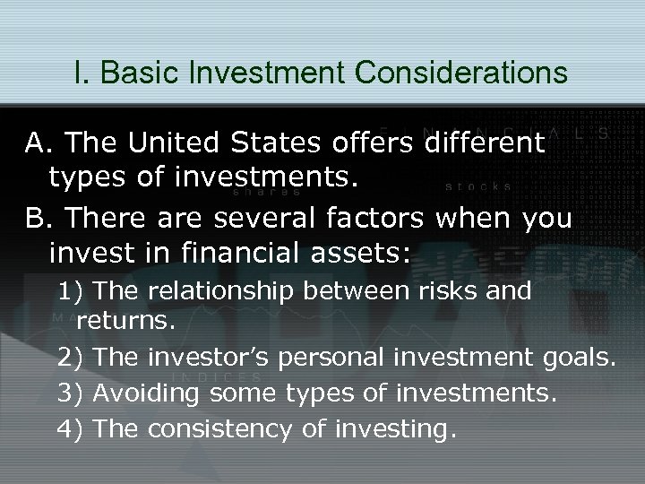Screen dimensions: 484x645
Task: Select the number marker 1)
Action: click(x=71, y=291)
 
